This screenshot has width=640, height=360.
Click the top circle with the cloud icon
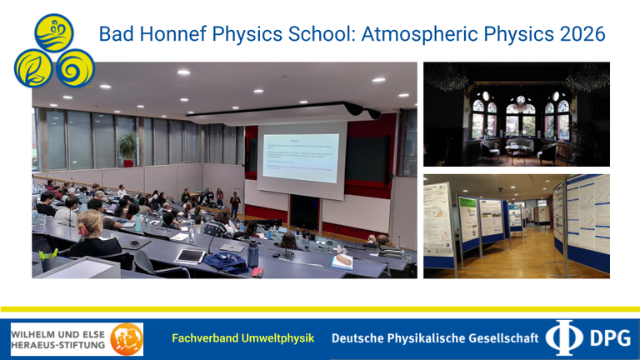pyautogui.click(x=55, y=32)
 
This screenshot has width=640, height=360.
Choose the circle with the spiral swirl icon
pyautogui.click(x=75, y=67)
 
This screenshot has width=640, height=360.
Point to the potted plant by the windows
pyautogui.click(x=127, y=148)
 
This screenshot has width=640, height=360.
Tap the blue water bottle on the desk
pyautogui.click(x=252, y=254)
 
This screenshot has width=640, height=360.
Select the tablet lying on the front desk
pyautogui.click(x=189, y=256)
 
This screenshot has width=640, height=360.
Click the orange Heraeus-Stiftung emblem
pyautogui.click(x=126, y=339)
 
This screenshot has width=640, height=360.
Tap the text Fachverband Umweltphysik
pyautogui.click(x=242, y=338)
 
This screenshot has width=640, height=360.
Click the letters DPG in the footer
pyautogui.click(x=607, y=338)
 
